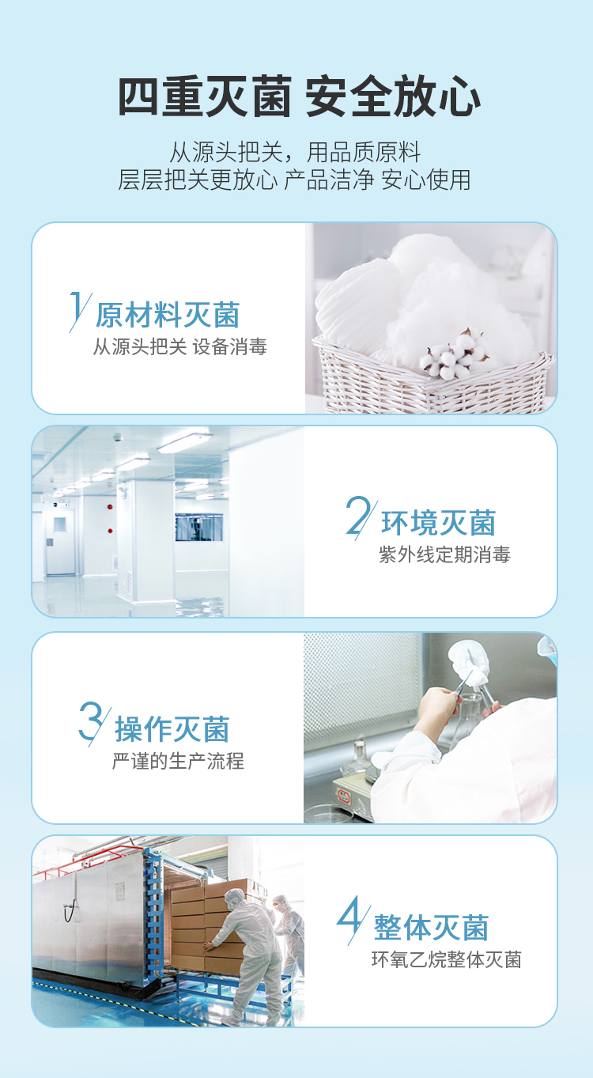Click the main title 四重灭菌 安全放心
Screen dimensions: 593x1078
click(299, 96)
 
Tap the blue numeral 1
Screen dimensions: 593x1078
click(78, 310)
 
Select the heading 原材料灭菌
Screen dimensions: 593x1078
click(168, 315)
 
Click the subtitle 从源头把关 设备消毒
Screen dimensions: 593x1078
click(179, 346)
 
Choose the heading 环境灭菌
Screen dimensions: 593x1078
click(438, 523)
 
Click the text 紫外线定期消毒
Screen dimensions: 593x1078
click(444, 555)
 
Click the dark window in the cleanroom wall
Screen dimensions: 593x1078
click(199, 527)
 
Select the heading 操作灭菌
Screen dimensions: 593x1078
click(172, 729)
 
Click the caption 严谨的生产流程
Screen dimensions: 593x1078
click(178, 762)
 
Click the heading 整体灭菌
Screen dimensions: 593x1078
click(431, 928)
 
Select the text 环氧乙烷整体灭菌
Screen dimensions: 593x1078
click(446, 959)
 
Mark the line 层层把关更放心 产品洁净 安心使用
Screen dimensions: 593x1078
click(294, 180)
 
